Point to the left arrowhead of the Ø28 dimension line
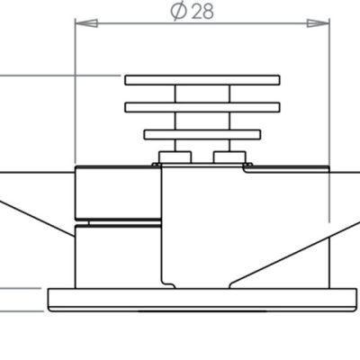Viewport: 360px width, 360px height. click(x=78, y=23)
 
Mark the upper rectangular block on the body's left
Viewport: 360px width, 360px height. click(x=118, y=193)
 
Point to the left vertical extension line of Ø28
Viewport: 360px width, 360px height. click(x=74, y=90)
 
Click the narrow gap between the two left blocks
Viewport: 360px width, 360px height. click(x=118, y=221)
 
